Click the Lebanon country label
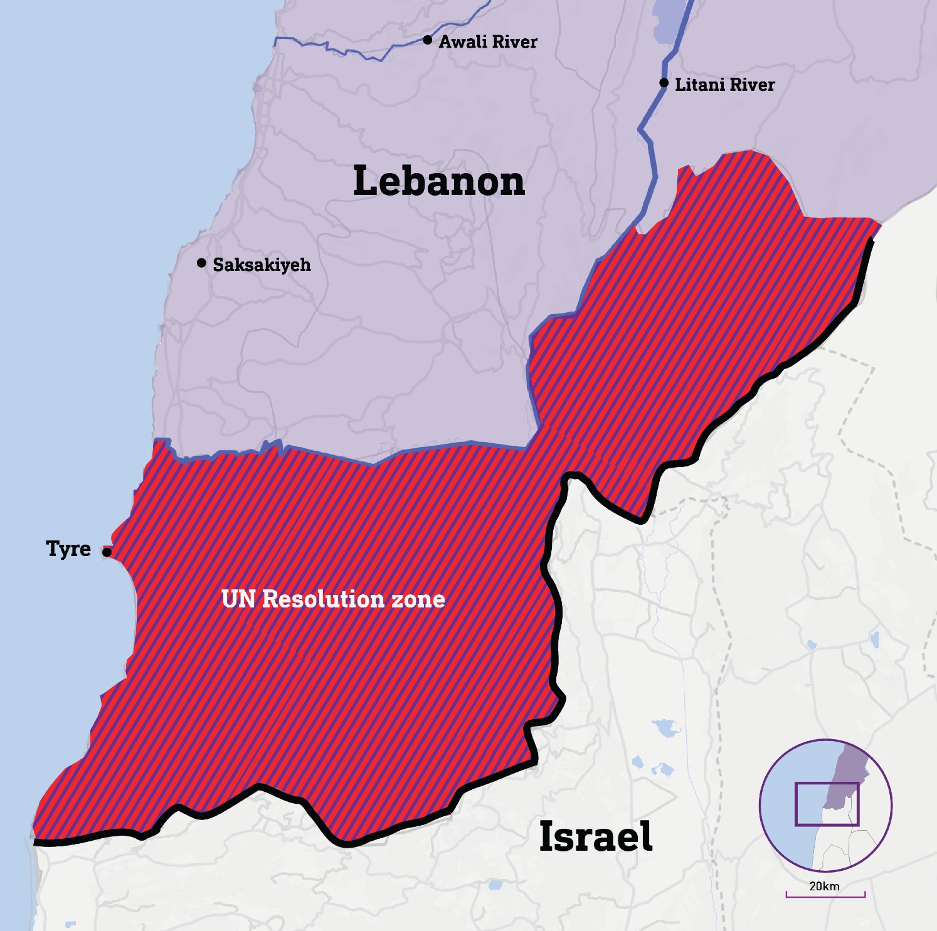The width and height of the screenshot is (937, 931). coord(438,181)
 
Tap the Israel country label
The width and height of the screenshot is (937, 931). coord(595,836)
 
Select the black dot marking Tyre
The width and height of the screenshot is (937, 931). coord(107,552)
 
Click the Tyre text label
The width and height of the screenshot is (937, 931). coord(68,549)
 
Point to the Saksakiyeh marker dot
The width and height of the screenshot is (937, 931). coord(201,263)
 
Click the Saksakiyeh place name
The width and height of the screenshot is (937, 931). coord(262,265)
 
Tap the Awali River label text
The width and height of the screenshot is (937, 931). coord(488,42)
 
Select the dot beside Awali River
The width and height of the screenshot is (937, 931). coord(428,40)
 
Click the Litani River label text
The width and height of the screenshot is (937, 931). coord(724,85)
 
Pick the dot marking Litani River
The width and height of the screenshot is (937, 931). coord(664,83)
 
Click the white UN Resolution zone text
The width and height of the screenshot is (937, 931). coord(333,599)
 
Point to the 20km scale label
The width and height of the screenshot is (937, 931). coord(824,886)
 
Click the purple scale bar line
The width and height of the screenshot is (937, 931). coord(825,896)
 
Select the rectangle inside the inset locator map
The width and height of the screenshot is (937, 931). coord(826,804)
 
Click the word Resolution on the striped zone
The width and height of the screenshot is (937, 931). coord(323,599)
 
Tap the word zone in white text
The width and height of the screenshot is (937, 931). coord(418,599)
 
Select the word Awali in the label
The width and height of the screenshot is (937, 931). coord(462,42)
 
